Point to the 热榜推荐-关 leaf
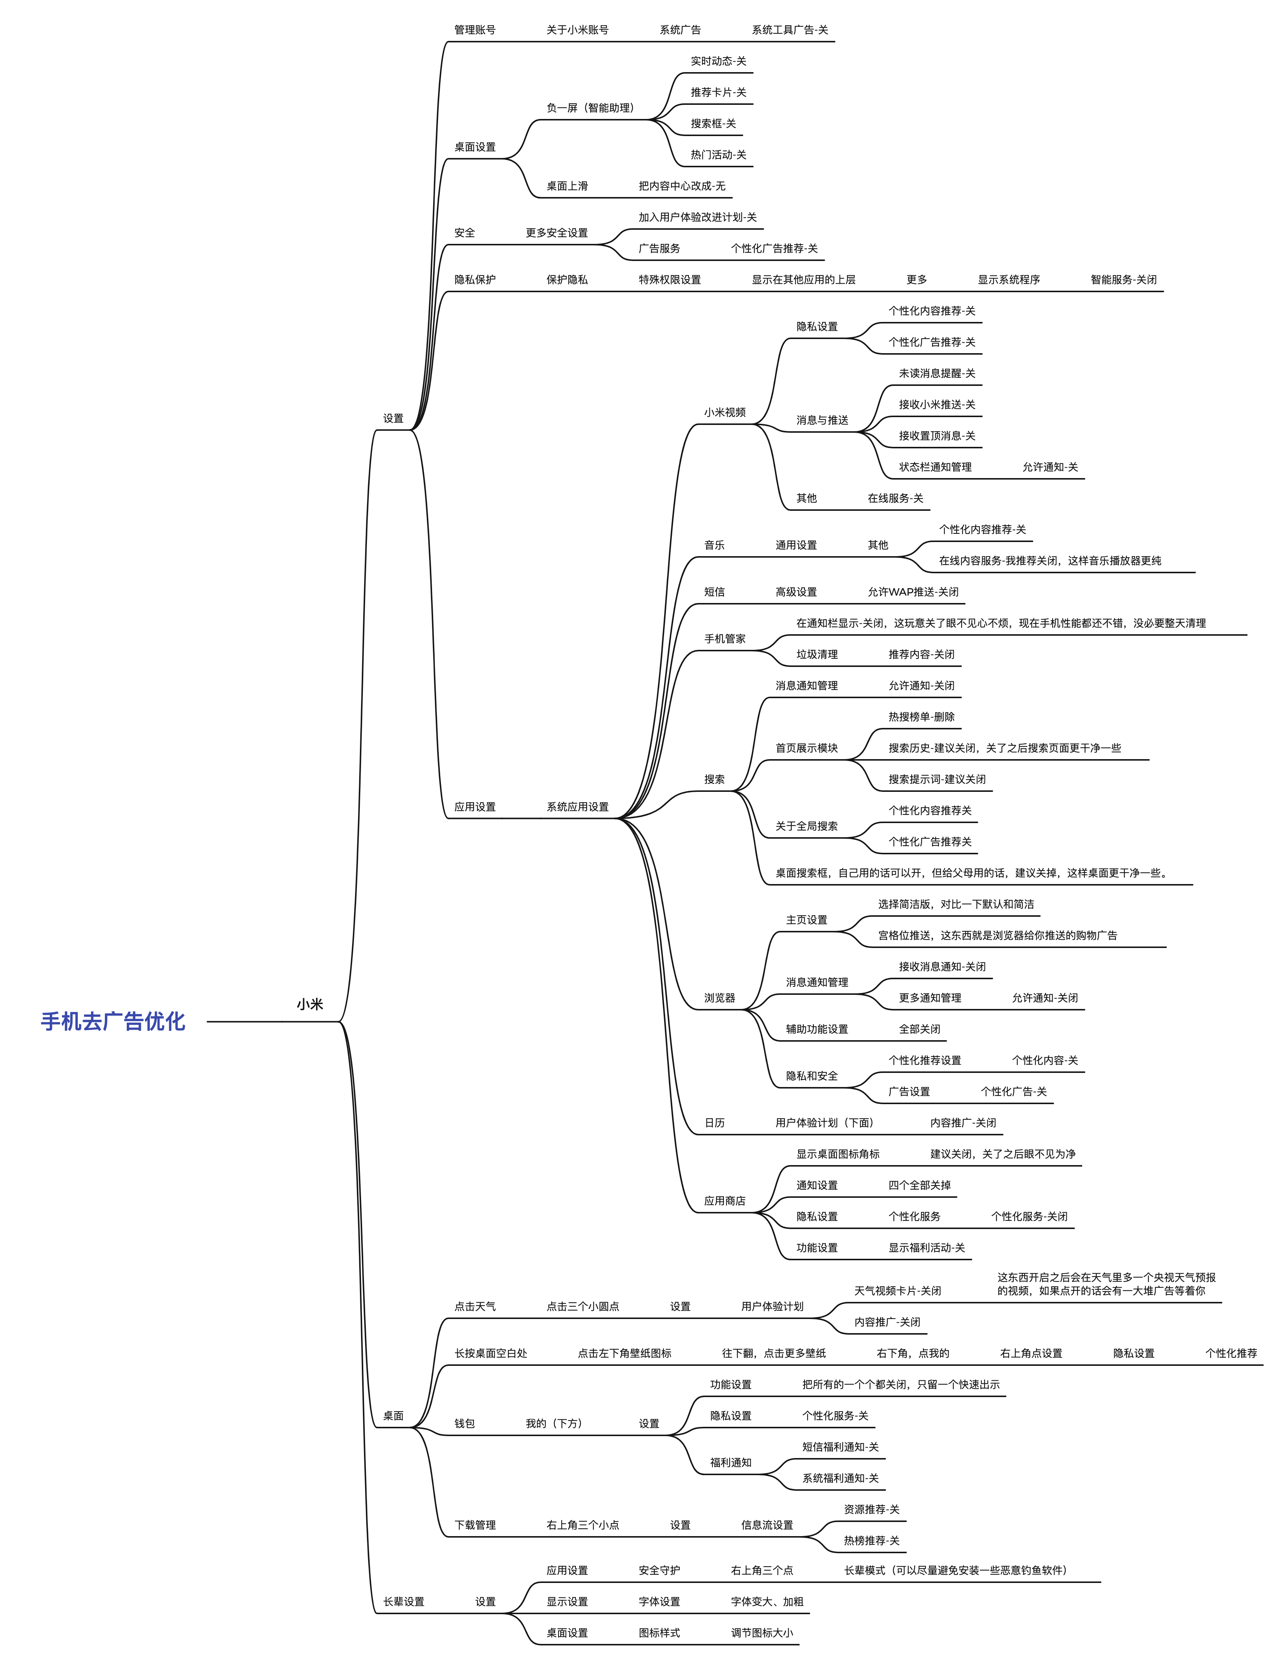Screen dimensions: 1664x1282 [871, 1541]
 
